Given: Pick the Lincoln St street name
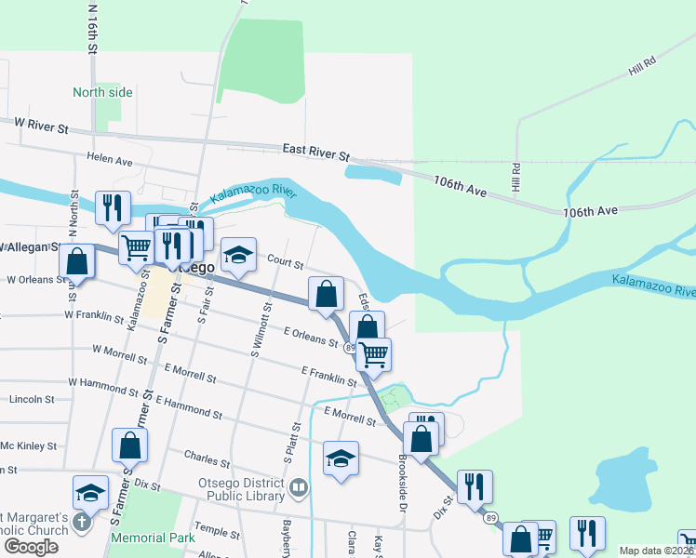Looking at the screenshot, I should tap(32, 399).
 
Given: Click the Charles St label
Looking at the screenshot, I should tap(207, 459).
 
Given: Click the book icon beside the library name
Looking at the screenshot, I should tap(299, 486).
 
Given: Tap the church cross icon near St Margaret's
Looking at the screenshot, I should tap(81, 522).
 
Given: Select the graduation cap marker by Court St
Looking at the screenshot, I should tap(238, 254).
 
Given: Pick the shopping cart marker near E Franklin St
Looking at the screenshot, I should tap(374, 353).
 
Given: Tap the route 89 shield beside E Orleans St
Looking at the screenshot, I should tap(348, 347).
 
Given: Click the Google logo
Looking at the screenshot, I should tap(31, 546).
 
